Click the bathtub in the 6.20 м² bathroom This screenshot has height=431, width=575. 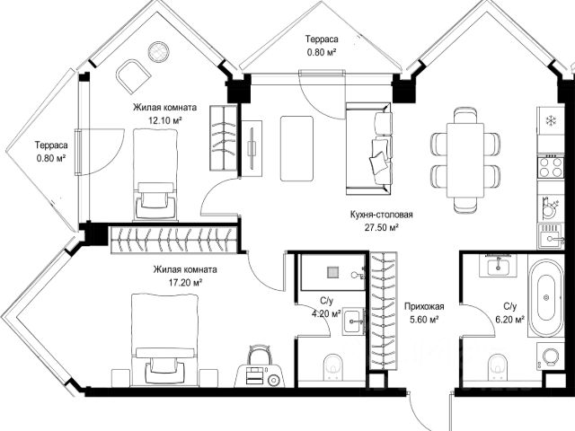[545, 298]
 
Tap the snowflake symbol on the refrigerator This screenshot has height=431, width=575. [551, 120]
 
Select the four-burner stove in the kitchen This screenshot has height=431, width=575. [551, 167]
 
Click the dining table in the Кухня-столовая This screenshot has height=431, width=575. [465, 160]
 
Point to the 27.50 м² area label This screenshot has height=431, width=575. [381, 227]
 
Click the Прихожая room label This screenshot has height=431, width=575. [424, 306]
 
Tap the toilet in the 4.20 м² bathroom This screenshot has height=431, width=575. [333, 367]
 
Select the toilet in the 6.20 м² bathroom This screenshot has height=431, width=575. [497, 367]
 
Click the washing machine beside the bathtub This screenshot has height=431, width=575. [550, 356]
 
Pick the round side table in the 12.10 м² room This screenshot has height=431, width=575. [159, 52]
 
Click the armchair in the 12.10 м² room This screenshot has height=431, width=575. [133, 76]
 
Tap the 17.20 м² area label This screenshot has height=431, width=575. [185, 283]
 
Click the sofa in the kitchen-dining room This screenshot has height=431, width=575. [368, 148]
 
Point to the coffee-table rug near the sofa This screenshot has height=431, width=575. [296, 148]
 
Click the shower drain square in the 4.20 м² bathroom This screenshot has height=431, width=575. [332, 273]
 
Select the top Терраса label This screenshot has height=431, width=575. [322, 39]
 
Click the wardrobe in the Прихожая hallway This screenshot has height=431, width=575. [384, 312]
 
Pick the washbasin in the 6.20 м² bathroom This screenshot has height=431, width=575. [498, 265]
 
